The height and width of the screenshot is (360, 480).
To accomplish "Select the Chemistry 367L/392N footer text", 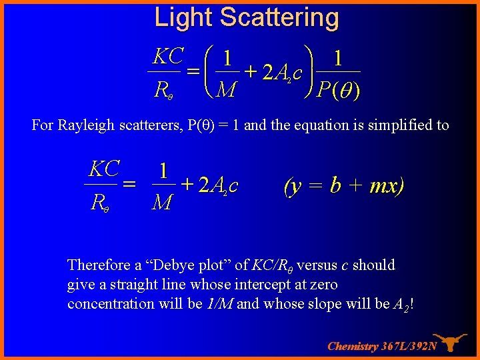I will pyautogui.click(x=382, y=346).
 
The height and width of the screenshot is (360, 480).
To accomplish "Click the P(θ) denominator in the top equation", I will pyautogui.click(x=339, y=89).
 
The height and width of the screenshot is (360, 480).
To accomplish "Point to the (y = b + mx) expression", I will pyautogui.click(x=344, y=185).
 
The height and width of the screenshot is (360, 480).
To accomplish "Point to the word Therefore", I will pyautogui.click(x=97, y=265).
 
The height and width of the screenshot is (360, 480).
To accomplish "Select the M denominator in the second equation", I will pyautogui.click(x=162, y=201).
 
